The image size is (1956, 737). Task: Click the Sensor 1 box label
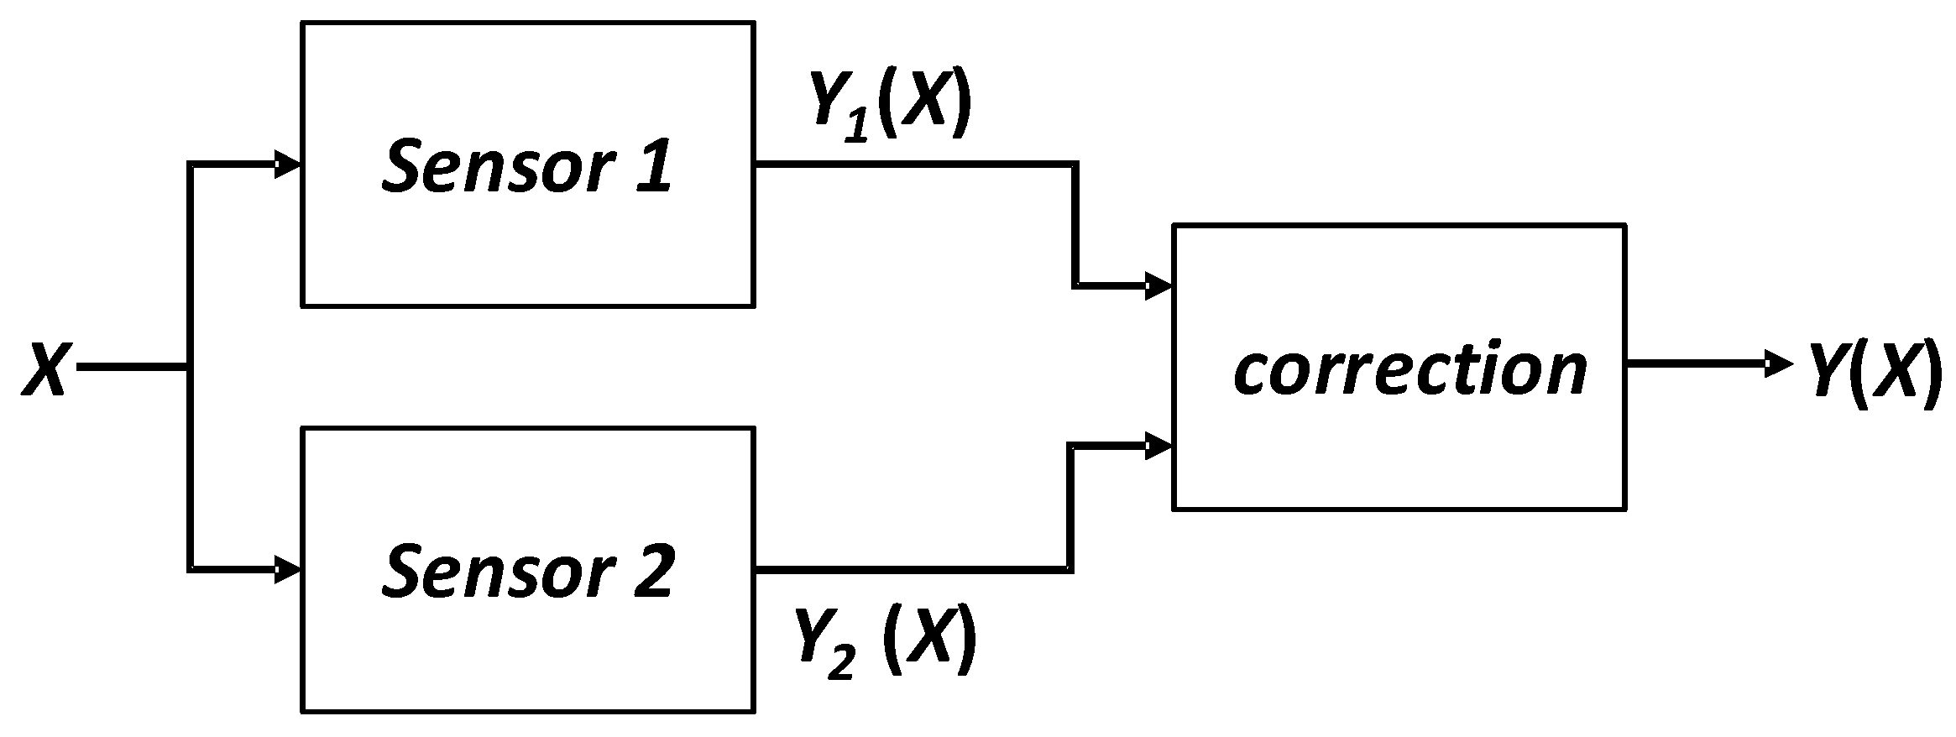[x=527, y=166]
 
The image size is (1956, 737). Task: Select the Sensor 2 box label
[x=527, y=571]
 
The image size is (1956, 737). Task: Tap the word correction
[x=1410, y=369]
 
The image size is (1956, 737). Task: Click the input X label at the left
[x=44, y=368]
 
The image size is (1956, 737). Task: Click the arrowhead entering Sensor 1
[x=288, y=165]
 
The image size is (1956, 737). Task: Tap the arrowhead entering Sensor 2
[x=288, y=570]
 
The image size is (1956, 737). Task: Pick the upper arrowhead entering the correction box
[x=1159, y=286]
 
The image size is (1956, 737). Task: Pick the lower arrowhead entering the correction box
[x=1159, y=447]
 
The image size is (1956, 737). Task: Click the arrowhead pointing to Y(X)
[x=1778, y=364]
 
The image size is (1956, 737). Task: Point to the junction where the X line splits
[x=190, y=368]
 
